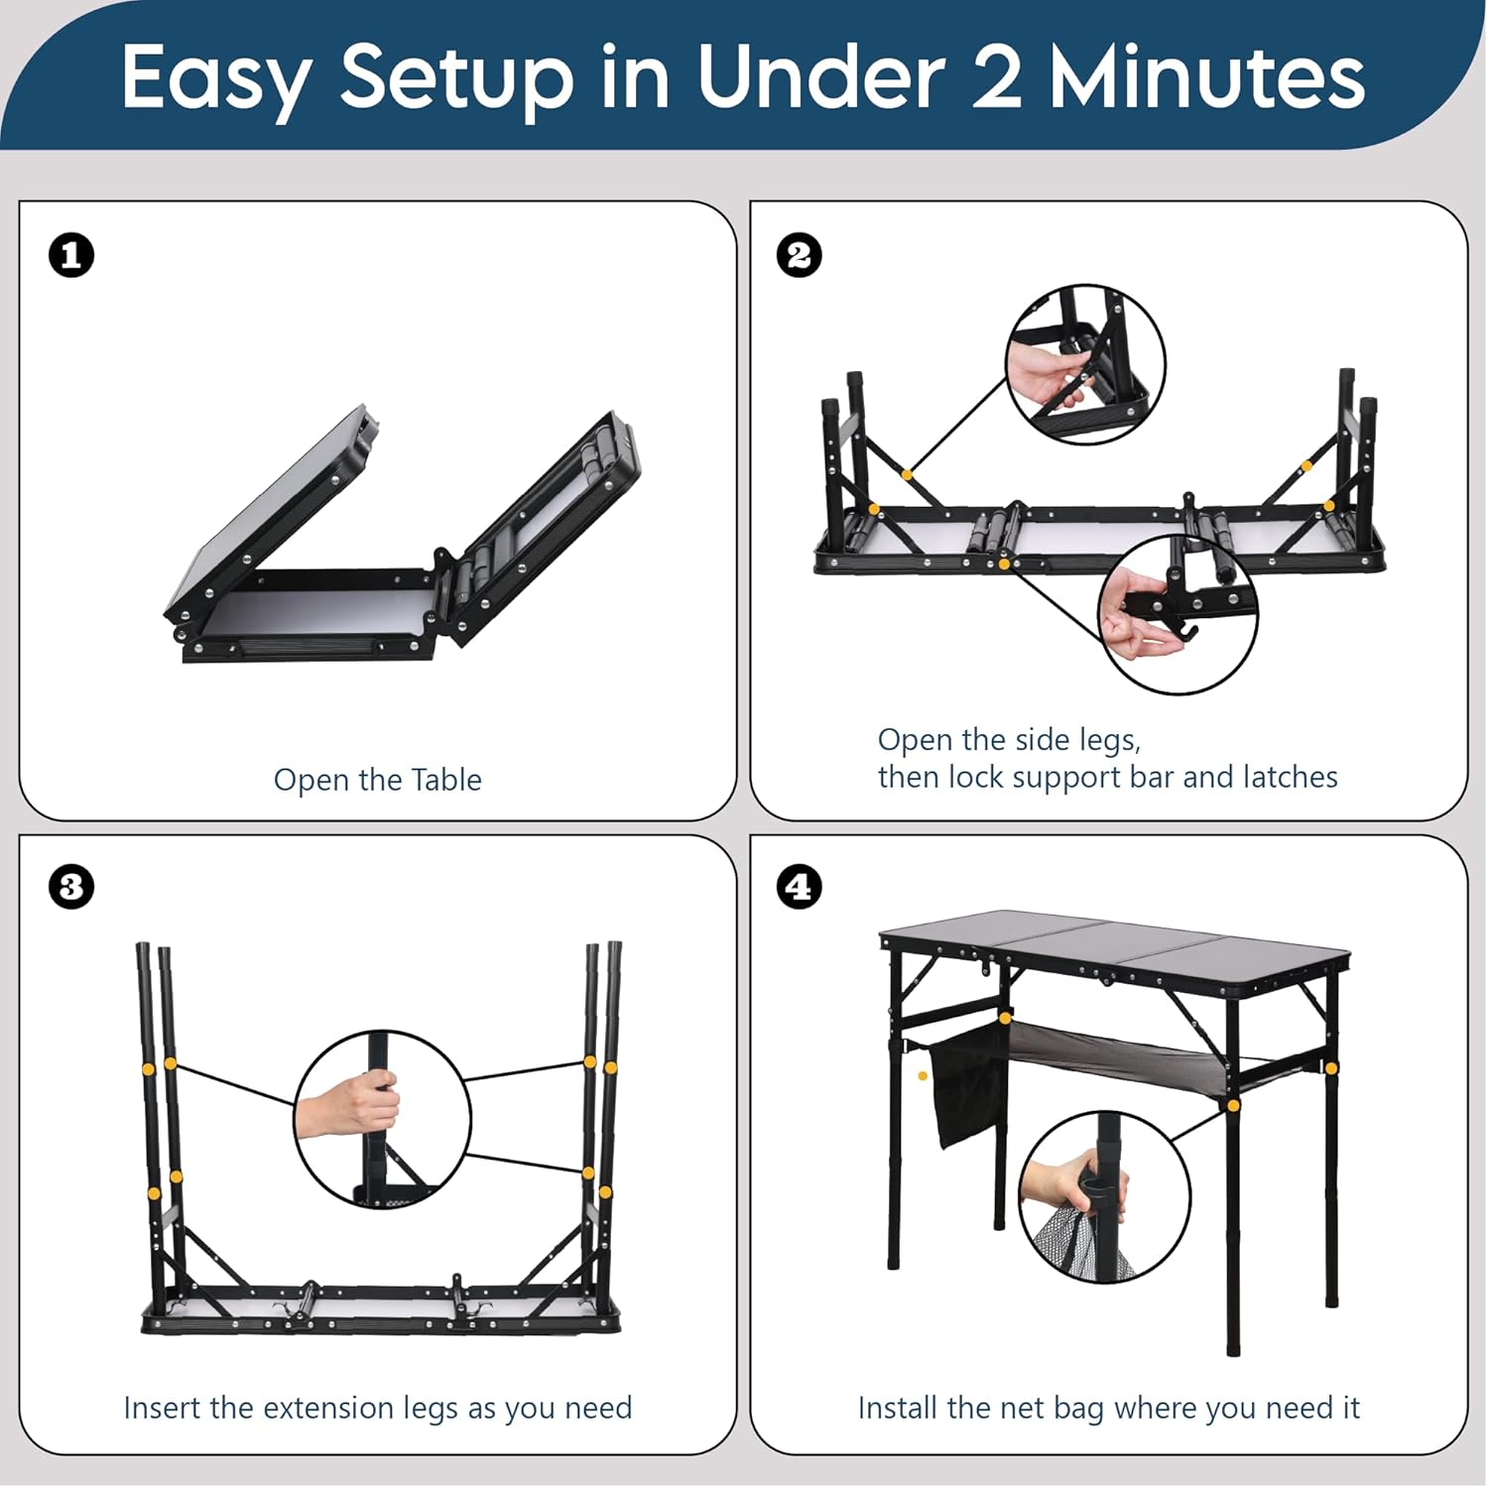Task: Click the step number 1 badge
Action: [x=71, y=256]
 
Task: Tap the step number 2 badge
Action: [x=799, y=256]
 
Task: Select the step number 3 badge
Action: [x=71, y=886]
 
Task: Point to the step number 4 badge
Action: [x=799, y=886]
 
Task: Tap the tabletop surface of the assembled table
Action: [x=1116, y=946]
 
